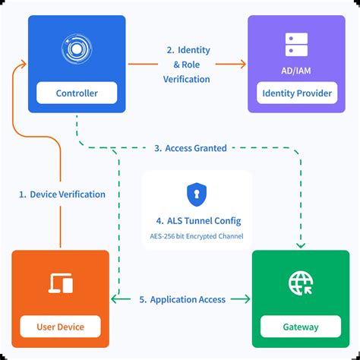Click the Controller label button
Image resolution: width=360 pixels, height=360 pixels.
(77, 93)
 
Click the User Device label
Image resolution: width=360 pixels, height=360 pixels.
(61, 327)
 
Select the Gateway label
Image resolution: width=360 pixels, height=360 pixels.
(301, 327)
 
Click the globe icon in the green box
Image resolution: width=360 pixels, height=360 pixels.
(301, 283)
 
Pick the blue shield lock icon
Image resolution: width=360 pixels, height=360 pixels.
(196, 194)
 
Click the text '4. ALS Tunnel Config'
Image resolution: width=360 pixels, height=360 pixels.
(196, 220)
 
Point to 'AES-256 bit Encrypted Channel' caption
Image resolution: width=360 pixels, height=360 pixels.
(196, 237)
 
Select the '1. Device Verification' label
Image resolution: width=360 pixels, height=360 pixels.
(62, 194)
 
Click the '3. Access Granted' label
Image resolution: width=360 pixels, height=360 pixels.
(191, 148)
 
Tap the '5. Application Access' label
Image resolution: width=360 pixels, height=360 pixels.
(182, 299)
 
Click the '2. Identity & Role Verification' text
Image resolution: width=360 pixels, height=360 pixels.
(188, 65)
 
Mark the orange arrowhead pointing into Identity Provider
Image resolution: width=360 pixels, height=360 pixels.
(243, 65)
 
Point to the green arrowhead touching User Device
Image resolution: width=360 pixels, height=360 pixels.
(115, 299)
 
